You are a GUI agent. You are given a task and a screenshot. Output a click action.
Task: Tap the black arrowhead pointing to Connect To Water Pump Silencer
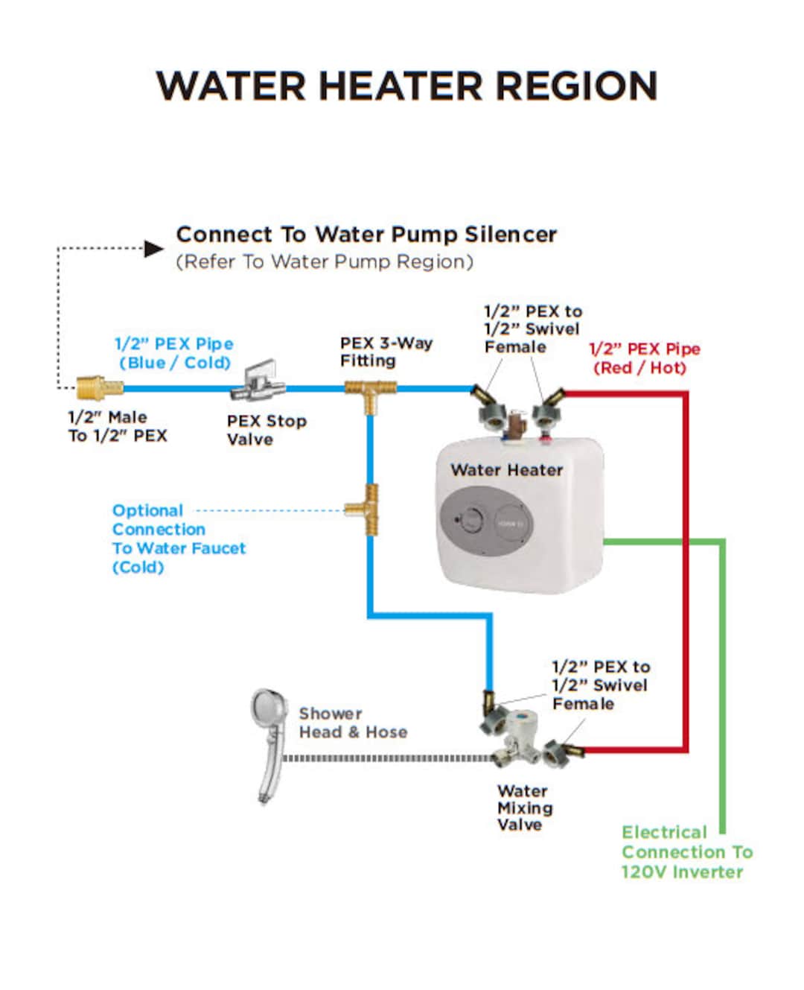(153, 249)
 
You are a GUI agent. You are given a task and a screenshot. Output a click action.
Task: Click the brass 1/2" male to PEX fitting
(100, 387)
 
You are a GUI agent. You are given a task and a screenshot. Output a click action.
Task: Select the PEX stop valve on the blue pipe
(258, 384)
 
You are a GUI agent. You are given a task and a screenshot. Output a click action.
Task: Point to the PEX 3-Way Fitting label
(386, 352)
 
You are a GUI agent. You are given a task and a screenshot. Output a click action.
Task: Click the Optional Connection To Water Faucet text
(178, 539)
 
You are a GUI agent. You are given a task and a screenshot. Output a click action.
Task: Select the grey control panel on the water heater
(487, 520)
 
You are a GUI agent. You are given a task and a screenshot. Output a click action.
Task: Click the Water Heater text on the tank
(506, 470)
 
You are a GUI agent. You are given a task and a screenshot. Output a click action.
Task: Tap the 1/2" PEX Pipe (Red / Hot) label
(644, 358)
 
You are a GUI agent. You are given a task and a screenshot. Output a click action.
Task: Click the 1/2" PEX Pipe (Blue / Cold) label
(174, 353)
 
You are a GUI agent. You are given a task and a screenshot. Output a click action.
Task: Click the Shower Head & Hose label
(353, 723)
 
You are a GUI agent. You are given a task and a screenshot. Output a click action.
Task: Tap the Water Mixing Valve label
(525, 807)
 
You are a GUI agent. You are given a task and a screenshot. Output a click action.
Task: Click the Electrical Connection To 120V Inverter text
(686, 852)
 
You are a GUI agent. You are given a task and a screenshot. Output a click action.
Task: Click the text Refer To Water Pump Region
(325, 262)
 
